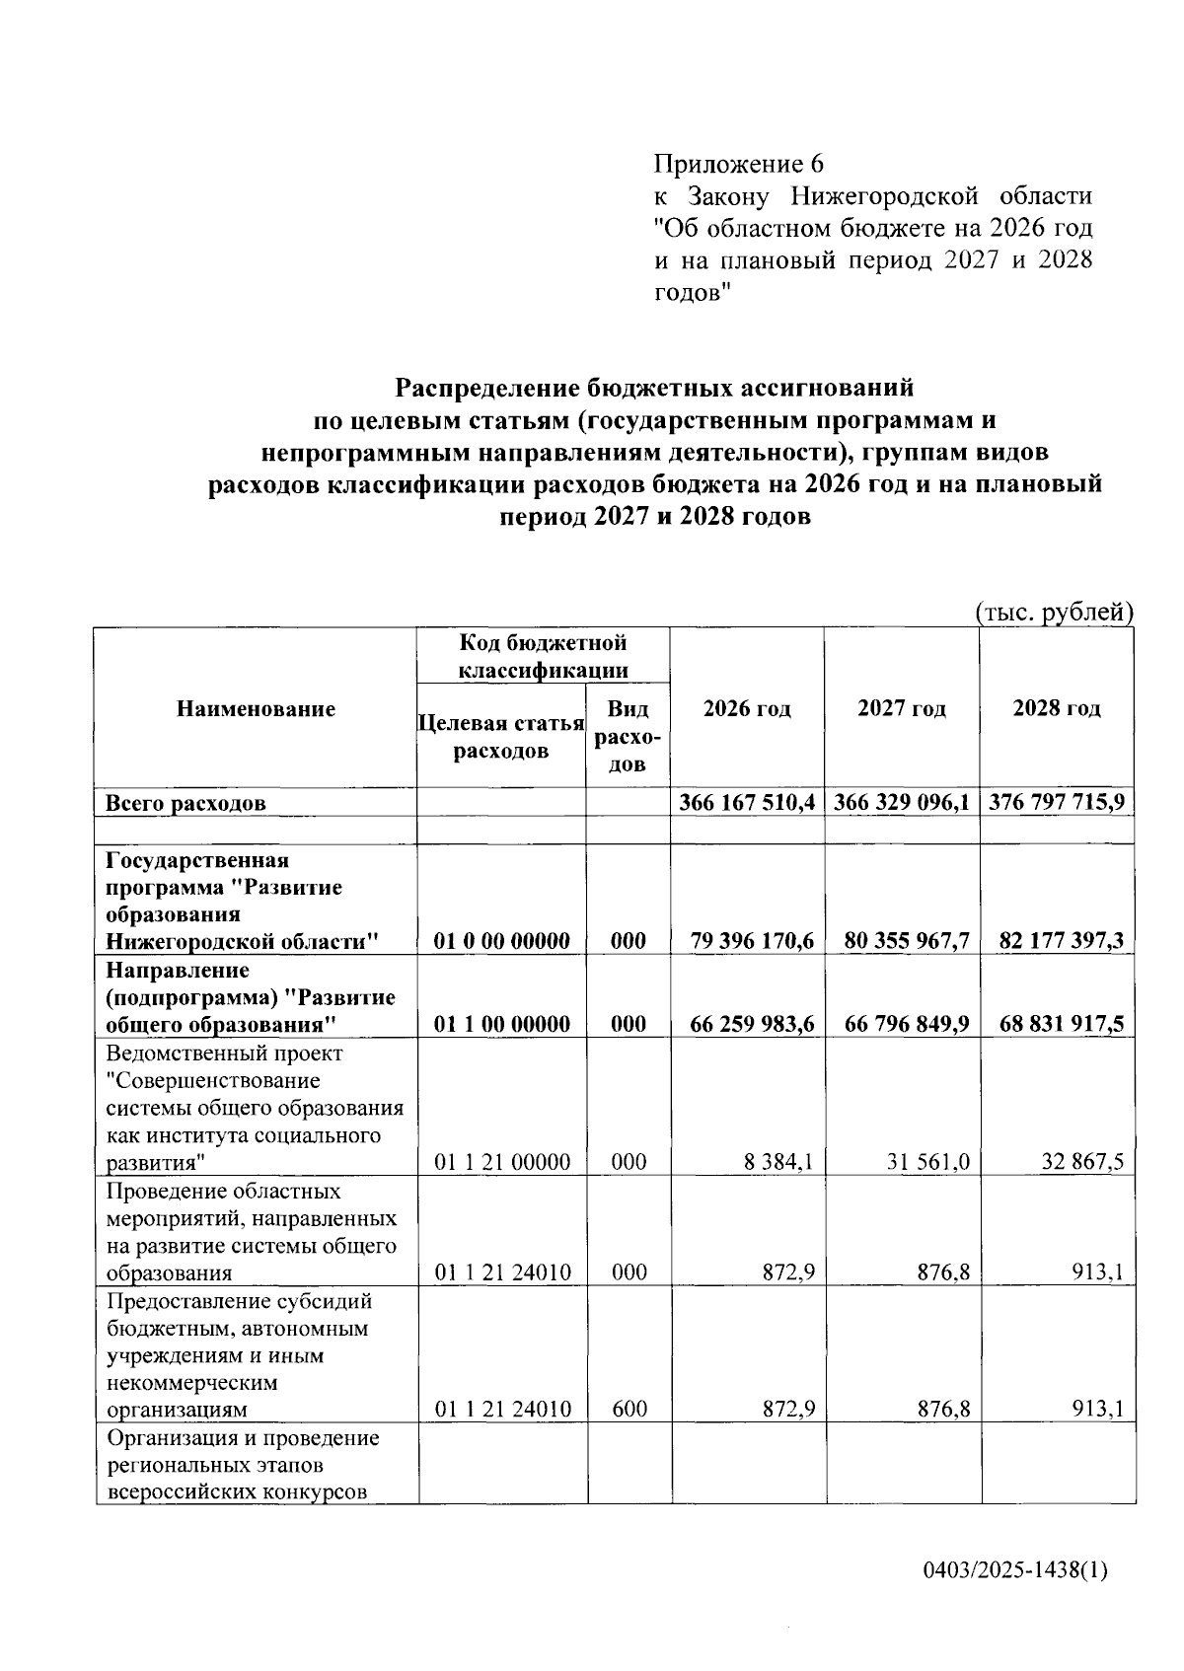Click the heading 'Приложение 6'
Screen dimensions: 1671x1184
tap(738, 163)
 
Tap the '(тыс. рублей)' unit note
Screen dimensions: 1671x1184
tap(1054, 612)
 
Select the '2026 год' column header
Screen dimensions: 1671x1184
tap(747, 708)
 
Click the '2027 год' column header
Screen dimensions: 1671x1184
tap(902, 708)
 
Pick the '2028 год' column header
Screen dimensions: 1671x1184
tap(1057, 708)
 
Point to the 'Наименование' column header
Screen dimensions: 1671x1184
tap(256, 708)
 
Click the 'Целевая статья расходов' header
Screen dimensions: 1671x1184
tap(501, 736)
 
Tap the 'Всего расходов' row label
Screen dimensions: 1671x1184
tap(185, 802)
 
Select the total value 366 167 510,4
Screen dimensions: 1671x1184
tap(747, 801)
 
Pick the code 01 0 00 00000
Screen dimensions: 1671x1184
tap(502, 940)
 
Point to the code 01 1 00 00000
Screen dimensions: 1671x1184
tap(502, 1023)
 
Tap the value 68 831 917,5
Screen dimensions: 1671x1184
tap(1061, 1023)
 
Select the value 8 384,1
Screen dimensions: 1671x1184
tap(779, 1161)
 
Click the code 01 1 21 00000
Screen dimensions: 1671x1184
tap(502, 1161)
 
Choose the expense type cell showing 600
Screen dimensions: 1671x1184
tap(629, 1409)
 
